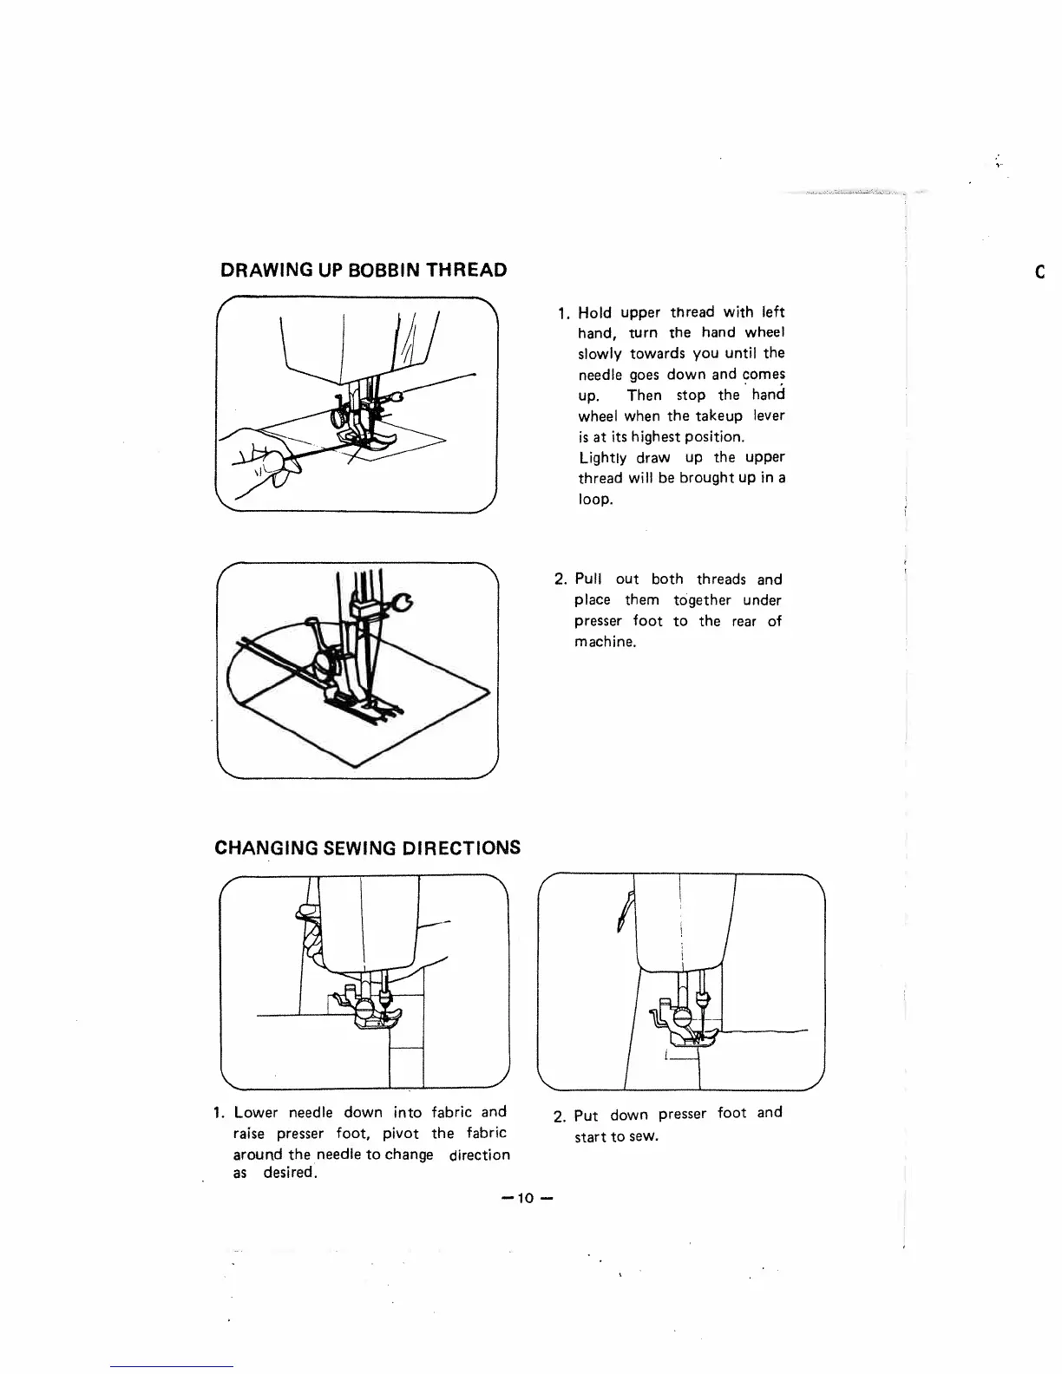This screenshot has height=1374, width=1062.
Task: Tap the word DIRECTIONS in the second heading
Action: [x=462, y=847]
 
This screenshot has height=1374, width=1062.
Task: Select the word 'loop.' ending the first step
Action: [x=596, y=500]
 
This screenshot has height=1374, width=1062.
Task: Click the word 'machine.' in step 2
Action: [x=606, y=642]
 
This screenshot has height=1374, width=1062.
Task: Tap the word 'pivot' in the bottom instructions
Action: [x=400, y=1134]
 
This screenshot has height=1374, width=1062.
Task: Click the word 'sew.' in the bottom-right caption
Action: [x=643, y=1136]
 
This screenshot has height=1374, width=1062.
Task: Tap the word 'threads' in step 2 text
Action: [x=721, y=579]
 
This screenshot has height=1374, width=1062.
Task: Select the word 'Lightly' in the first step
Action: [x=602, y=458]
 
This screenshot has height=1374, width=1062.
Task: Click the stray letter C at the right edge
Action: [x=1039, y=272]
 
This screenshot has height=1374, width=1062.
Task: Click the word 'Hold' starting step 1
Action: [x=594, y=312]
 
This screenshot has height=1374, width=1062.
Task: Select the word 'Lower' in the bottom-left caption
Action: [x=255, y=1113]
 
